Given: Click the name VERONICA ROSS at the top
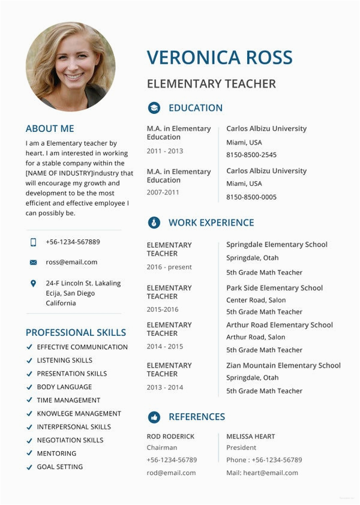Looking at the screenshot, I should pos(220,58).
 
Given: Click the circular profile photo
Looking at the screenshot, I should pos(71,66).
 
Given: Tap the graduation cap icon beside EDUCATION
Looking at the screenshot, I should pos(154,108).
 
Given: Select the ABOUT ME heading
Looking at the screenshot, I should pos(50,128).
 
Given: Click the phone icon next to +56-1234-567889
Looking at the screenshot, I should pos(33,242).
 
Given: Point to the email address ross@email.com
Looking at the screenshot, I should pos(71,262).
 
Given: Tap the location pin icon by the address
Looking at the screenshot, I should pos(33,283).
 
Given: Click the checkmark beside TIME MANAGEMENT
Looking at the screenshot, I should pos(29,400).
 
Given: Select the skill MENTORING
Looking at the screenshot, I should pos(56,453).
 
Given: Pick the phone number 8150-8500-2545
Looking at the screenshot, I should pos(251,155).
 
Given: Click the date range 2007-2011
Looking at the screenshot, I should pos(163,193).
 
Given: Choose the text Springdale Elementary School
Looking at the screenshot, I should pos(277,245).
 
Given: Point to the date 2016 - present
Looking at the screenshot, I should pos(169,267).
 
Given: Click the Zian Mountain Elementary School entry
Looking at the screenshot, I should pos(283,365).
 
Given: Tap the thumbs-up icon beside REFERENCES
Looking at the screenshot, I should pos(154,417).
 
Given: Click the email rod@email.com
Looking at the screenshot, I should pos(171,473).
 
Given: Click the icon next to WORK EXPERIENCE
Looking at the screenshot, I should pos(154,223).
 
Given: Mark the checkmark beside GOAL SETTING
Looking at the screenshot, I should pos(29,467).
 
